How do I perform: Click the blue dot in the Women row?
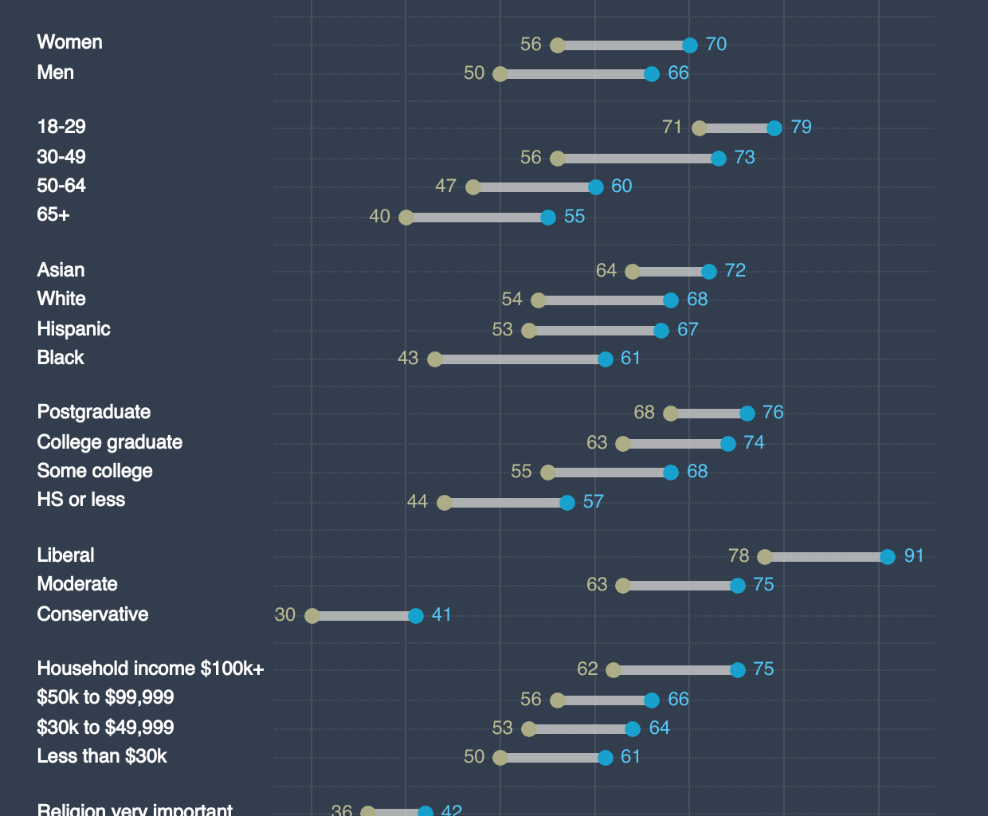pos(690,45)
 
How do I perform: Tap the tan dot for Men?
pos(500,74)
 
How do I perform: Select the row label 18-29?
pos(61,127)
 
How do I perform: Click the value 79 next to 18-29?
pos(801,127)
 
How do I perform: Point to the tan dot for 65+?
pos(406,218)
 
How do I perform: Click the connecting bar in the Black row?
pos(520,359)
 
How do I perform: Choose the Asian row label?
pos(61,270)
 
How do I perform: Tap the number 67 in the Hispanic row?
pos(688,330)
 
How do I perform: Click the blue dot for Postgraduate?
pos(747,414)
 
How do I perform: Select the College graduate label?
pos(110,442)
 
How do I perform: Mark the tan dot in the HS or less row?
pos(445,503)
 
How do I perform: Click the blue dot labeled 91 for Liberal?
pos(888,557)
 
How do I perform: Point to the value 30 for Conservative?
pos(285,615)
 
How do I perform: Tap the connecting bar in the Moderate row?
pos(680,586)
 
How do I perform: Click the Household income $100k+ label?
pos(151,669)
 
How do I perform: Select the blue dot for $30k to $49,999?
pos(633,729)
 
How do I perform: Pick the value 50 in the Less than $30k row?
pos(474,757)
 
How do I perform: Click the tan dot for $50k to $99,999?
pos(558,700)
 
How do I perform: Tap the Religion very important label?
pos(135,809)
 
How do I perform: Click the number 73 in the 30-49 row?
pos(744,158)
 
